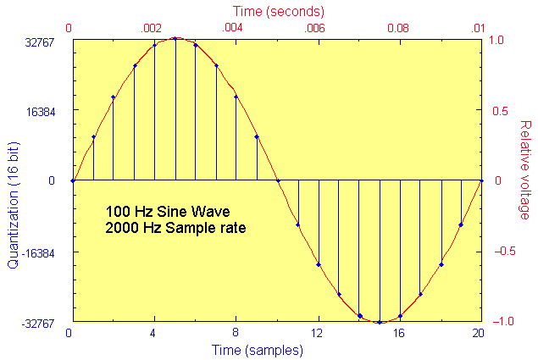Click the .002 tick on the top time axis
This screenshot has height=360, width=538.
(151, 28)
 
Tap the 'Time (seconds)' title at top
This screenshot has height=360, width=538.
(275, 12)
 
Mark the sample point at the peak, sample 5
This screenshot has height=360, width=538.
(175, 39)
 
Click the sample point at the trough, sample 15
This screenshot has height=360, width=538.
(380, 322)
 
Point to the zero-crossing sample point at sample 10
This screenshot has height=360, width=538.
(278, 180)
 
